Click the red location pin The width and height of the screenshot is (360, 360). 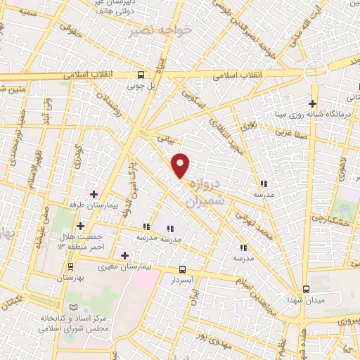181,165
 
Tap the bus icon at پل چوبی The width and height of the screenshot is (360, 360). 142,75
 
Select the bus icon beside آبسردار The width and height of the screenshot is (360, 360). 183,270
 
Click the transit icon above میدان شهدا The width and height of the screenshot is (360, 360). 306,289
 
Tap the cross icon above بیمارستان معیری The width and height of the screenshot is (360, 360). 125,255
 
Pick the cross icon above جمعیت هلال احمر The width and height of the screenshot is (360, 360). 81,226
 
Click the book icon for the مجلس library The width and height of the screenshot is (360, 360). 75,308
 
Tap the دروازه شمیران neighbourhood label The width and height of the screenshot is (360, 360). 204,191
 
